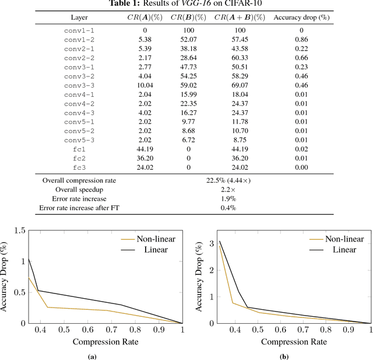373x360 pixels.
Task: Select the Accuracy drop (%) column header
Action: pyautogui.click(x=301, y=18)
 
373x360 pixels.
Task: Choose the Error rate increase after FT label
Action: pyautogui.click(x=79, y=208)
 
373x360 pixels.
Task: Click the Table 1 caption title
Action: pyautogui.click(x=186, y=4)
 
